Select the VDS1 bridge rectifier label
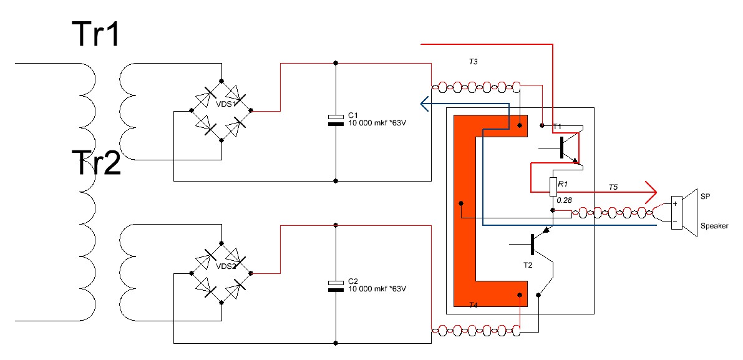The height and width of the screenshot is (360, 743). click(226, 104)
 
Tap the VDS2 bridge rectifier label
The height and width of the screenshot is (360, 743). click(226, 266)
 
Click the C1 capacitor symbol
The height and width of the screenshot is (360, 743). click(336, 120)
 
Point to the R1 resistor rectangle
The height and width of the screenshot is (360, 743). click(553, 187)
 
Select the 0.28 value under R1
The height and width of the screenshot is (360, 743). click(564, 200)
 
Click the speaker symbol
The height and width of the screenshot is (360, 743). click(685, 213)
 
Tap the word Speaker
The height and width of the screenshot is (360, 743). click(714, 226)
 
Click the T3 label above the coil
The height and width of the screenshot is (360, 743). click(473, 62)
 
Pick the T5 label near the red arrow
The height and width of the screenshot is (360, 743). click(613, 187)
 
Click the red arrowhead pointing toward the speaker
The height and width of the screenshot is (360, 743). click(651, 192)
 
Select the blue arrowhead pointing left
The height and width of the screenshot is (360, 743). click(425, 104)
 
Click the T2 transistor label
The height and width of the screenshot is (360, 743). click(528, 265)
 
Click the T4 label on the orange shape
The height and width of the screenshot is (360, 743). click(473, 304)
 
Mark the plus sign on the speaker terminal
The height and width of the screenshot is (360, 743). click(675, 203)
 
